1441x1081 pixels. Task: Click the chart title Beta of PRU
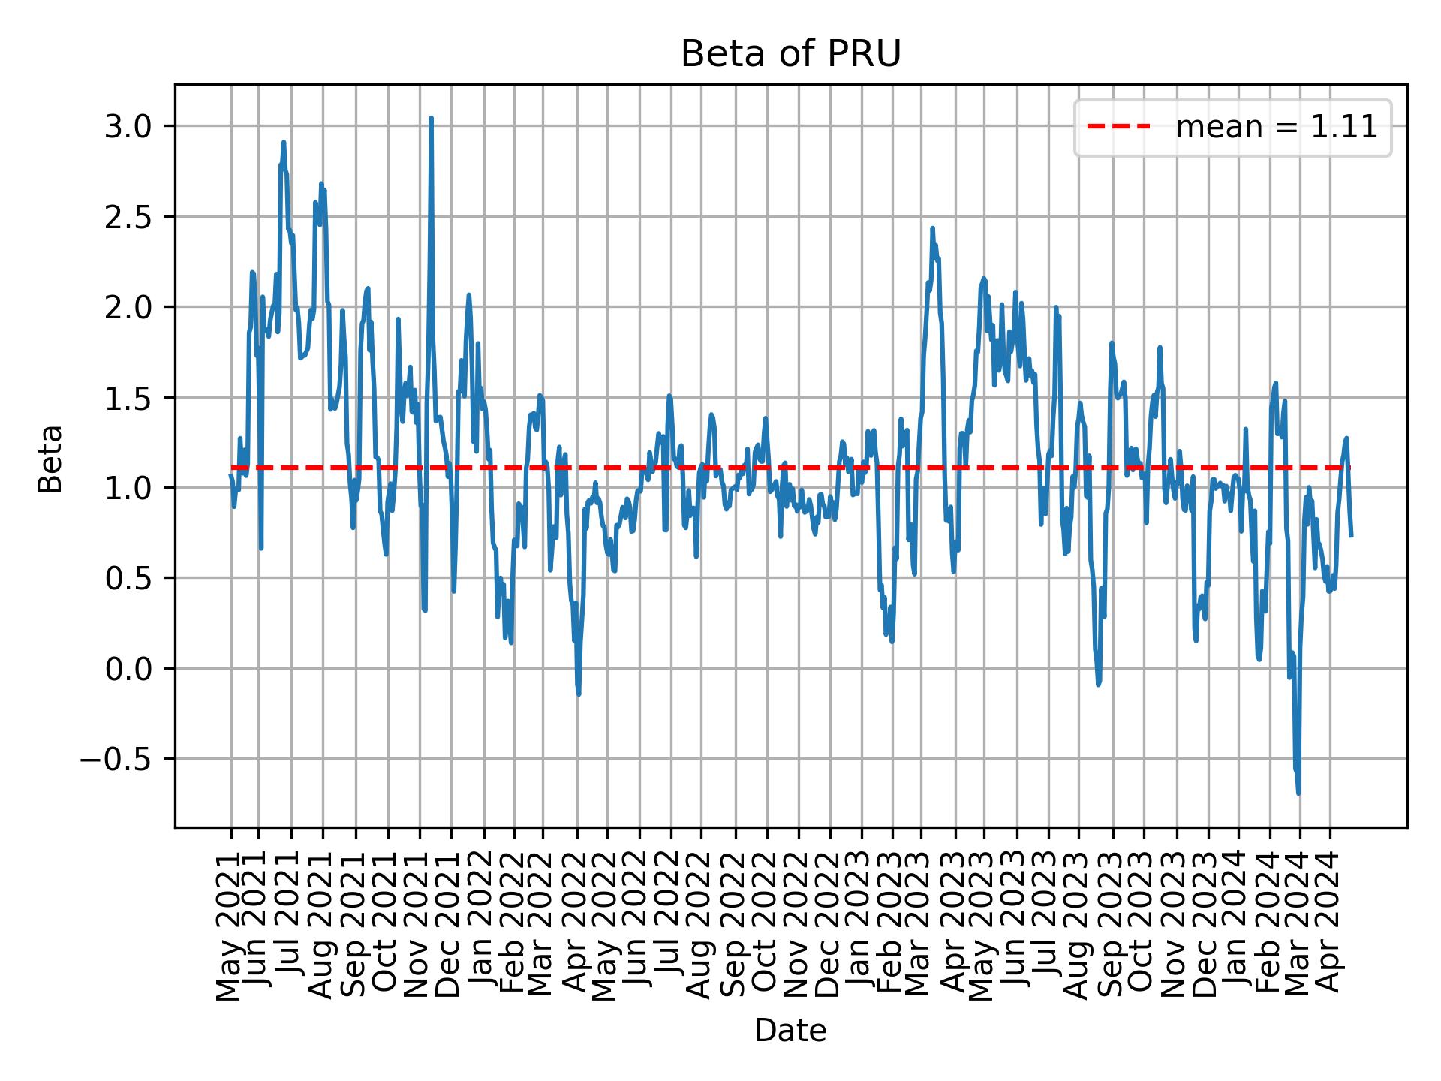pos(790,54)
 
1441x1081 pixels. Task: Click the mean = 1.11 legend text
pos(1276,128)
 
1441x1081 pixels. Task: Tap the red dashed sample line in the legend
pos(1118,128)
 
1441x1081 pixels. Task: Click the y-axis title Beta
pos(50,459)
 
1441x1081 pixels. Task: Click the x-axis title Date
pos(790,1031)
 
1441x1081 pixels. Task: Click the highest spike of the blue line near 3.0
pos(431,119)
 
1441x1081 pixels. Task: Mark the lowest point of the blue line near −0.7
pos(1298,793)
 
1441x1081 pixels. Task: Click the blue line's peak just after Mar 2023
pos(932,229)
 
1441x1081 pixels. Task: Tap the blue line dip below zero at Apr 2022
pos(579,693)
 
